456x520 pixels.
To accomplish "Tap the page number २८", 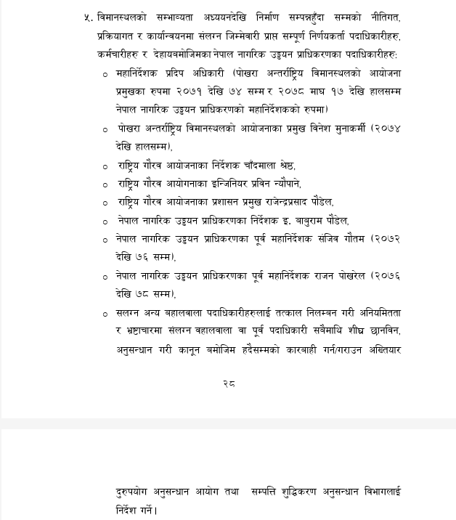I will point(229,383).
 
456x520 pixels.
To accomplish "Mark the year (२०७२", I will point(386,238).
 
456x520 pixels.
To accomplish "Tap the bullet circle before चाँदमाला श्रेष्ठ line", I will point(106,167).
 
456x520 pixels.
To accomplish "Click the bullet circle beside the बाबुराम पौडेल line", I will point(106,221).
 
